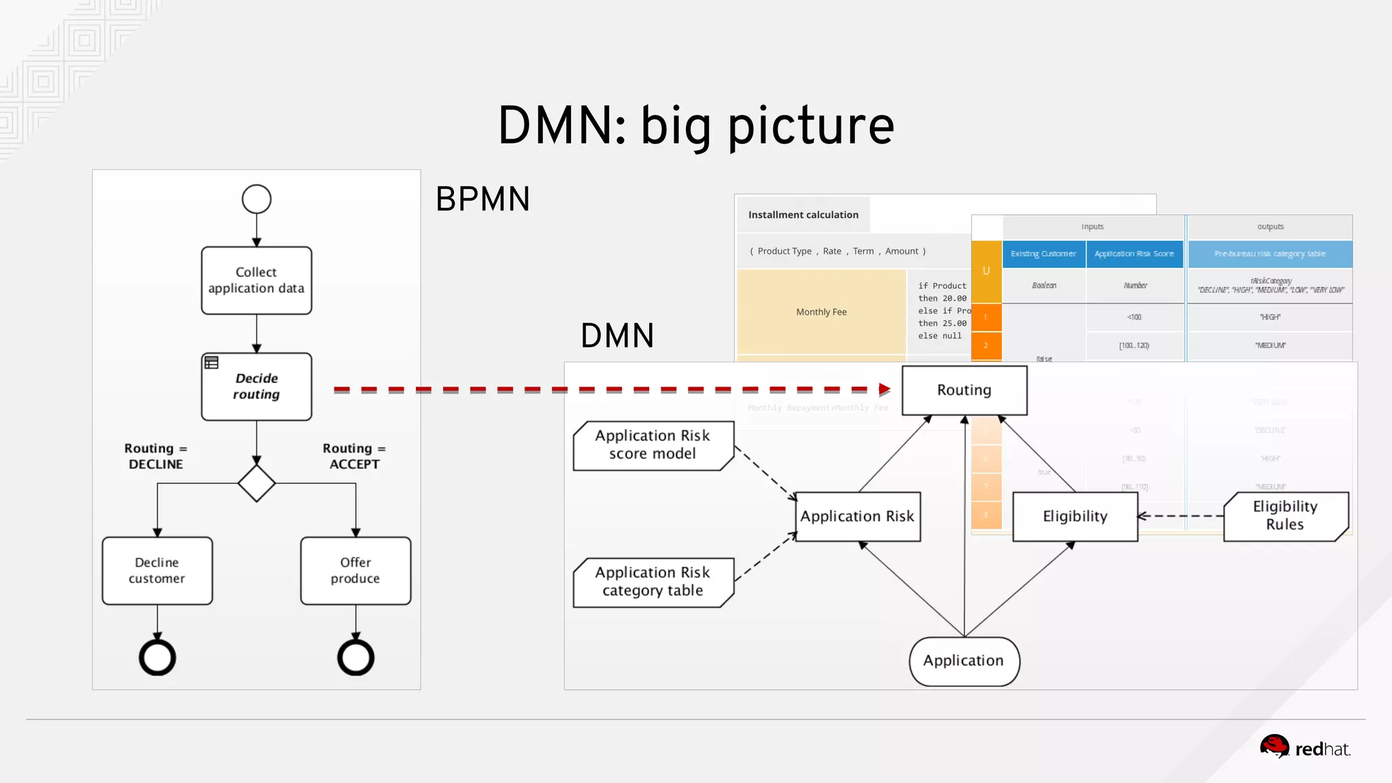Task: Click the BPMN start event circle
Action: pos(256,199)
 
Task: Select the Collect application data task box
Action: pos(256,280)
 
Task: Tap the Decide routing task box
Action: pos(256,386)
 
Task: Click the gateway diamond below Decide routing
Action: pos(256,483)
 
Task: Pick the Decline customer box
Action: pos(157,570)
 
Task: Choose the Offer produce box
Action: pos(355,570)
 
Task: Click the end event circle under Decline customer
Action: pos(157,657)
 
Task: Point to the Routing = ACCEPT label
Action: pos(353,456)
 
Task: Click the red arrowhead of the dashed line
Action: pos(884,389)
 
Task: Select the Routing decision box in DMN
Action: pos(964,390)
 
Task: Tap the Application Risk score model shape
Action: pos(652,445)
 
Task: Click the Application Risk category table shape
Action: pos(652,582)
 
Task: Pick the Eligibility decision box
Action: pos(1075,517)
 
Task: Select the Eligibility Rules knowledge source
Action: pos(1285,516)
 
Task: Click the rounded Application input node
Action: pos(964,661)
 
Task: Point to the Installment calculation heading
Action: pos(803,215)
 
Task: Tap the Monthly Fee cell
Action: pos(821,312)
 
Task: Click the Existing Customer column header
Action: pos(1043,254)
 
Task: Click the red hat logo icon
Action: pos(1274,746)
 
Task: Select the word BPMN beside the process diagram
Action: pos(483,199)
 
